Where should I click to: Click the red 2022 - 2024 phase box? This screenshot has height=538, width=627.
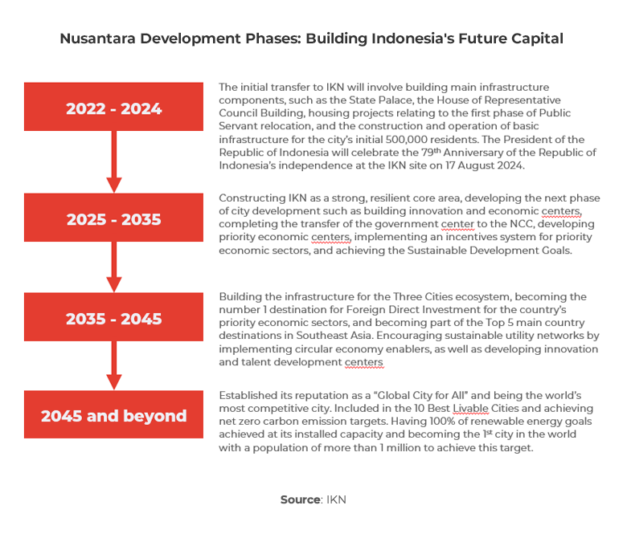click(x=113, y=107)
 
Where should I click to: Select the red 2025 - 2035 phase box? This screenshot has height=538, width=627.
click(x=113, y=218)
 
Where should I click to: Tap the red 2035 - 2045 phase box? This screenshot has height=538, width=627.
click(x=113, y=317)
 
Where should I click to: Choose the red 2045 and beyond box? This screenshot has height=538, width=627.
click(x=113, y=415)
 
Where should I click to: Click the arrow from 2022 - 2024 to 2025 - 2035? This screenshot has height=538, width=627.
click(x=113, y=161)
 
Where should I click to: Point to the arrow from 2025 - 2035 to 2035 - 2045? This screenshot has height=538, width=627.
click(x=113, y=267)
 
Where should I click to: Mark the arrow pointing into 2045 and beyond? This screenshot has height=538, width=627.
click(x=113, y=366)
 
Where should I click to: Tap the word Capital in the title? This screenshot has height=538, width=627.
click(x=535, y=39)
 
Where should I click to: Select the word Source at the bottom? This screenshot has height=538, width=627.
click(x=300, y=499)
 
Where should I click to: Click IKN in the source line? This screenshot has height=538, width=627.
click(x=336, y=499)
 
